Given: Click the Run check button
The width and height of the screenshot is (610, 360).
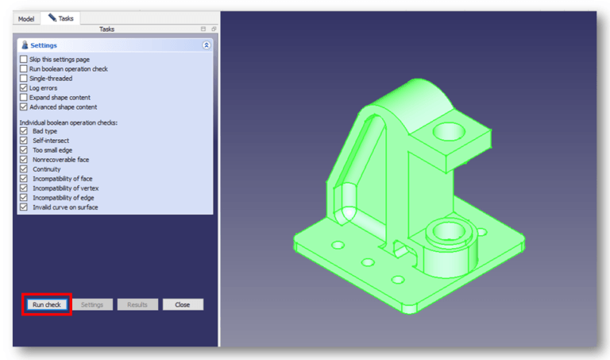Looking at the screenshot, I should point(47,304).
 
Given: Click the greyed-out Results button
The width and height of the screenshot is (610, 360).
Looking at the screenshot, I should point(137,304).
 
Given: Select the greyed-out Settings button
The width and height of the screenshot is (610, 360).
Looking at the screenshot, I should point(92,304).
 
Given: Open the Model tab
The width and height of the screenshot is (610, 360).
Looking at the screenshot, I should point(26,18).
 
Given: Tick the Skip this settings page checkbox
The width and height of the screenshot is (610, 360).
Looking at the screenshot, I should point(23,60).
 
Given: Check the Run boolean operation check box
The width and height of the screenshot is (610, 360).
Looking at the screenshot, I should point(23,69).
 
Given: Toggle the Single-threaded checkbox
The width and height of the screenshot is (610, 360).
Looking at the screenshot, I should point(23,79).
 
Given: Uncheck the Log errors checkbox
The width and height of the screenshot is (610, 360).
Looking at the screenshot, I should point(23,88).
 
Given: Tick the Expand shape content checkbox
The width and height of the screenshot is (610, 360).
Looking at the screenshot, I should point(23,98).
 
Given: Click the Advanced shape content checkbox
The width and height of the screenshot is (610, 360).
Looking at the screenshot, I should point(23,107).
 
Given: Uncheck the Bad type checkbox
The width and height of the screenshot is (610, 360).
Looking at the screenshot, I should point(23,131).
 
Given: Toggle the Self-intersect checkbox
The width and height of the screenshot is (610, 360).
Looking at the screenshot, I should point(23,141).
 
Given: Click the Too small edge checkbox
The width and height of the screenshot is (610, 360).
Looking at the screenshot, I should point(23,150).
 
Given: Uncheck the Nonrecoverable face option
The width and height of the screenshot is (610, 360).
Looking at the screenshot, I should point(23,160).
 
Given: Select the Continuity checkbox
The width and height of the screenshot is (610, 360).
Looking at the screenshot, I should point(23,169).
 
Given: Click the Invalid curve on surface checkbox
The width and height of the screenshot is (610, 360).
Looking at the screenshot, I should point(23,207).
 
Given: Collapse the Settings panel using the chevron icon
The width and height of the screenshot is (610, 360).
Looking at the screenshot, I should point(206,45).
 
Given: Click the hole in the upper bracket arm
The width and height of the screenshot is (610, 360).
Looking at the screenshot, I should point(447,129).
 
